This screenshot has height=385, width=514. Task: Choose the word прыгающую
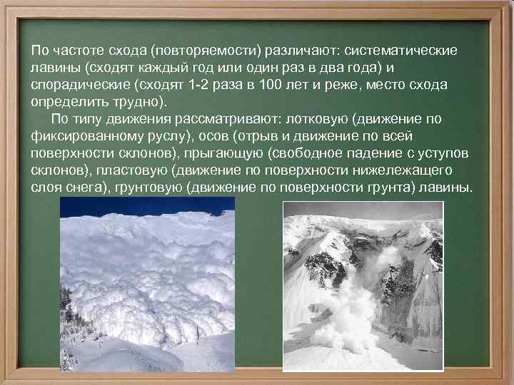225,154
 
